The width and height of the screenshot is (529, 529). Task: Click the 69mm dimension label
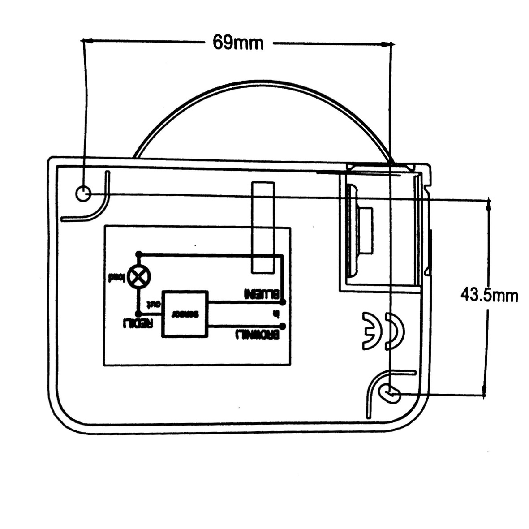pos(238,43)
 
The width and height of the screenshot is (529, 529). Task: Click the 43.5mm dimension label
pos(489,295)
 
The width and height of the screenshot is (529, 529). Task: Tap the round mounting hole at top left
pos(83,194)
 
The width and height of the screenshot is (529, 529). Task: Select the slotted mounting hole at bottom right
pos(389,393)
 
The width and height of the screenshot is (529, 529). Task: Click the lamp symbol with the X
pos(139,277)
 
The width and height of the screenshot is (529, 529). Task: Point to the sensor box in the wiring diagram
pos(185,314)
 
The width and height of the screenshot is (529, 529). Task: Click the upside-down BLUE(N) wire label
pos(261,294)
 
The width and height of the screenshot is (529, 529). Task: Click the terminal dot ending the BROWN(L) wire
pos(282,326)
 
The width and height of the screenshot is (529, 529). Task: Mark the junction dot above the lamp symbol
pos(139,254)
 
